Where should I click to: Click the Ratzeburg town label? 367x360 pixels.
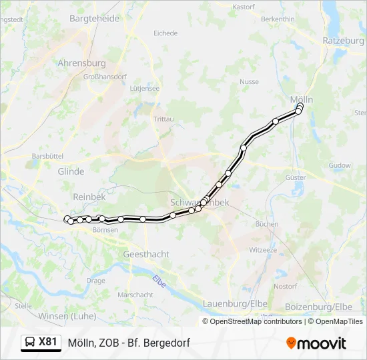pos(343,41)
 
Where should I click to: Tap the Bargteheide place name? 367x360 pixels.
pos(94,19)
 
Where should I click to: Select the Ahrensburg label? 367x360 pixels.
pos(82,63)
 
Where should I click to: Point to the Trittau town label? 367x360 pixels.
pos(163,119)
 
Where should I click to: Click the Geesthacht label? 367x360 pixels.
pos(146,254)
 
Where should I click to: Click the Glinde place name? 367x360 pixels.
pos(71,171)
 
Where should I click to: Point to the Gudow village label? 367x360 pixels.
pos(340,165)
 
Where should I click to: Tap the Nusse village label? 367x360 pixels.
pos(249,82)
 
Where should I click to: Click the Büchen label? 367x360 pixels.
pos(267,224)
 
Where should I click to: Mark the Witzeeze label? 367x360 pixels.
pos(263,250)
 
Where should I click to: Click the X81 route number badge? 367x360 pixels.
pos(48,342)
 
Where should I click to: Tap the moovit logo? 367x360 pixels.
pos(316,343)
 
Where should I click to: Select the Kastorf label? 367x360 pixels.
pos(243,7)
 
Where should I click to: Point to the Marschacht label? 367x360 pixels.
pos(135,295)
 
